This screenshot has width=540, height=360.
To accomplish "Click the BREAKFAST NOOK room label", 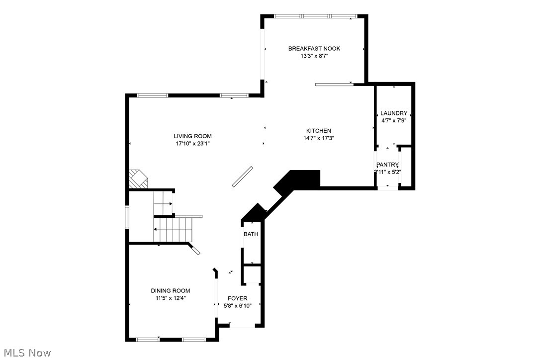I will click(314, 48).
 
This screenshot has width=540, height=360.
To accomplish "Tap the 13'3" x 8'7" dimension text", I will click(314, 56).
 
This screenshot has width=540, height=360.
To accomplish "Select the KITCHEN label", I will click(319, 131).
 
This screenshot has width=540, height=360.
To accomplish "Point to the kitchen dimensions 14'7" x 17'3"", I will click(319, 138).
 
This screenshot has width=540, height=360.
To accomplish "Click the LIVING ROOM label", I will click(192, 136).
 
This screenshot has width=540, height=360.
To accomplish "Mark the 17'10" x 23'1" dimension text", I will click(192, 144).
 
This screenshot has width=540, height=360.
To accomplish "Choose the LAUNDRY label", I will click(394, 113).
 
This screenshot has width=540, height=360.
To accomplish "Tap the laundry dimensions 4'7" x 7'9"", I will click(394, 120).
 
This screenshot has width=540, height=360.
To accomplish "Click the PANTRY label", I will click(387, 165).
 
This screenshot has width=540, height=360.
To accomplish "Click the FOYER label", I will click(238, 298).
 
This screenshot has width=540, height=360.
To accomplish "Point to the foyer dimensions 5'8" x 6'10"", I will click(238, 306).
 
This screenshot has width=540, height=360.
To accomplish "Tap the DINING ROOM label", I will click(171, 290).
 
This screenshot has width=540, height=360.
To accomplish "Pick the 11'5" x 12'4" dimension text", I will click(171, 298).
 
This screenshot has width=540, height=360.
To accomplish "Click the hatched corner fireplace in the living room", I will click(138, 179).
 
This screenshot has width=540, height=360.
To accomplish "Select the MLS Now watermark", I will click(26, 353).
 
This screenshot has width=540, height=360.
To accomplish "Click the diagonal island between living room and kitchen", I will click(243, 177).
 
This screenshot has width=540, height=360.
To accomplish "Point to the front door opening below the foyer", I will click(243, 326).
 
